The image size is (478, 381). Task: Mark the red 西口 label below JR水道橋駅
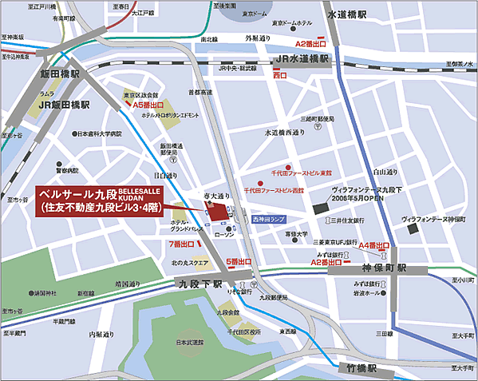279,74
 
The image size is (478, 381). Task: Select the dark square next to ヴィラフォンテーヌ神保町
413,229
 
